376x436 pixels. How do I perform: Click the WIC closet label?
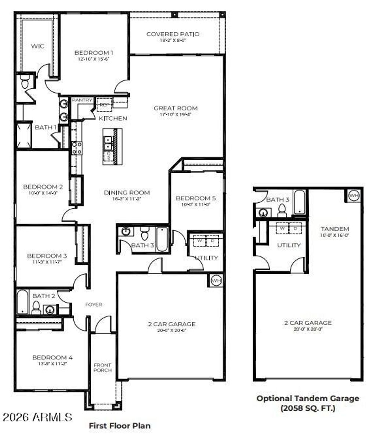(37, 46)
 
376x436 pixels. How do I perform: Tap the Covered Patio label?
(173, 34)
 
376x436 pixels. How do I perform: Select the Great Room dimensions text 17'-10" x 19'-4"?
(176, 114)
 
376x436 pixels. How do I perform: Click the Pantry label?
(82, 100)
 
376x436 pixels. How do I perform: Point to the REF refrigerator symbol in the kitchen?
(104, 105)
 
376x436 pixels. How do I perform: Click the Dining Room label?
(127, 192)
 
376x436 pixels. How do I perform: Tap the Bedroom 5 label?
(196, 198)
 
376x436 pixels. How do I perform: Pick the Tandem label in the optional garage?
(335, 228)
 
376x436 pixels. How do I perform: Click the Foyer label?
(94, 304)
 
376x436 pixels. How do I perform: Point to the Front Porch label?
(102, 367)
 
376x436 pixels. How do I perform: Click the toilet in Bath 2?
(36, 308)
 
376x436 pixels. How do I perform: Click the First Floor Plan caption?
(120, 426)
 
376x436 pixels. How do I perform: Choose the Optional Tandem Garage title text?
(308, 398)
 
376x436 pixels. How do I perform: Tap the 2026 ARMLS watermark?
(37, 417)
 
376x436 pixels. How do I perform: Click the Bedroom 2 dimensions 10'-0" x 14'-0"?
(43, 193)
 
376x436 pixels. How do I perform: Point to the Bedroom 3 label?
(47, 256)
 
